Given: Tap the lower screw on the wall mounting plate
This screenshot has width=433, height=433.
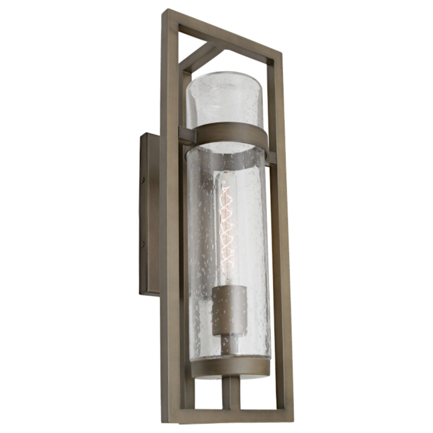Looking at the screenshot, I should point(142,245).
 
